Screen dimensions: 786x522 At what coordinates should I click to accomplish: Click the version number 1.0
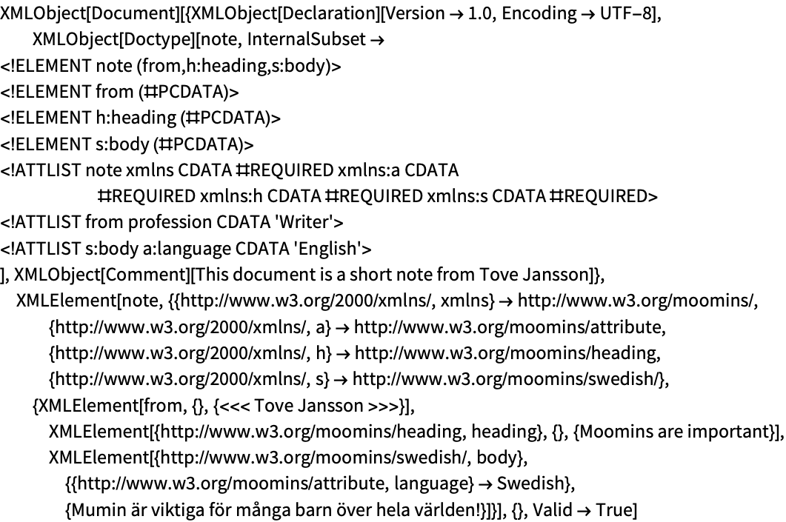click(480, 13)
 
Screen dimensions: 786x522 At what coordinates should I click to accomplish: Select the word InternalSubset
click(306, 39)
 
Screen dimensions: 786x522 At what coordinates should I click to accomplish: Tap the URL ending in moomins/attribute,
click(510, 327)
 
